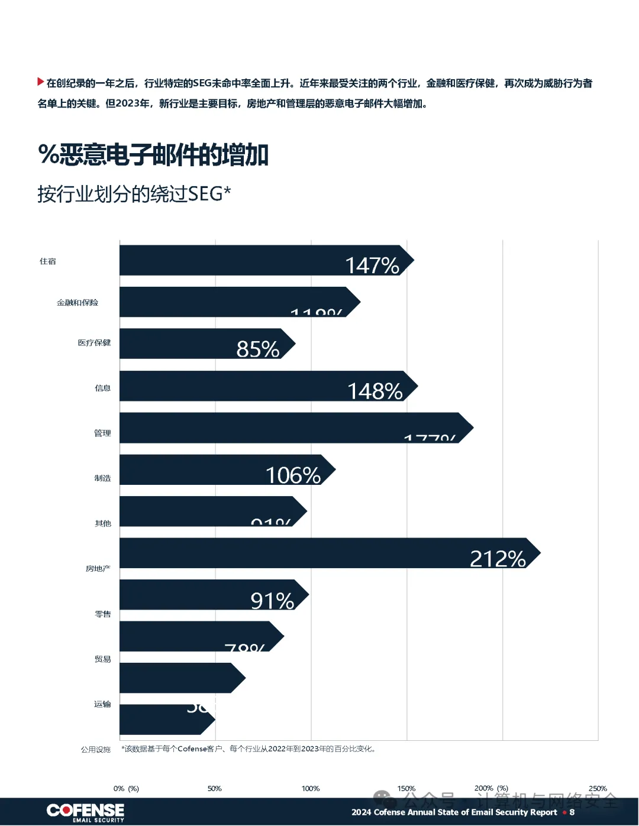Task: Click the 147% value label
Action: coord(372,265)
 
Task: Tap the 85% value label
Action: coord(258,349)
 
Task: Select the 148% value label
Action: coord(375,391)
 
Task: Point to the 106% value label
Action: coord(293,475)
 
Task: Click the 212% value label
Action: coord(498,558)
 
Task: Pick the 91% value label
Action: coord(272,601)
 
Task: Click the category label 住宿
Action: coord(48,261)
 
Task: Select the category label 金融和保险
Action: coord(78,303)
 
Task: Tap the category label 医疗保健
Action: coord(94,343)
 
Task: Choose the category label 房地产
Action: coord(98,569)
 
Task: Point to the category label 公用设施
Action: coord(96,750)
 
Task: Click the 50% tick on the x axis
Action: coord(215,789)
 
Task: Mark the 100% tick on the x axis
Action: coord(311,789)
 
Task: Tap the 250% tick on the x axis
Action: coord(598,789)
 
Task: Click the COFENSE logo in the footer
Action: coord(86,812)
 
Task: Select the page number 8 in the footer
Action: coord(572,812)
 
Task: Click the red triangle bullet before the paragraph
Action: coord(40,82)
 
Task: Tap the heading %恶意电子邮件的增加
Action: coord(153,155)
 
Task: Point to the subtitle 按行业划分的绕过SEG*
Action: coord(134,193)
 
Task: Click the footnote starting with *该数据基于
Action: coord(248,749)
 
